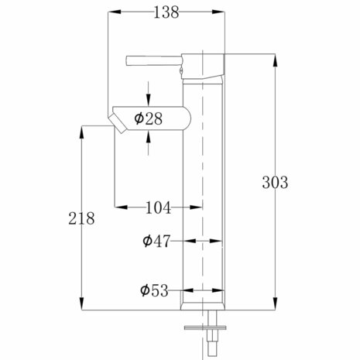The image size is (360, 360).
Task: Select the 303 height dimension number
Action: pyautogui.click(x=276, y=183)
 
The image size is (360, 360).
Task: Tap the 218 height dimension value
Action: pyautogui.click(x=81, y=219)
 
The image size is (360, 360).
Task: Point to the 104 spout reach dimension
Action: pyautogui.click(x=159, y=207)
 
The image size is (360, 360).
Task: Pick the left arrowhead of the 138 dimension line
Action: pyautogui.click(x=108, y=12)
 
